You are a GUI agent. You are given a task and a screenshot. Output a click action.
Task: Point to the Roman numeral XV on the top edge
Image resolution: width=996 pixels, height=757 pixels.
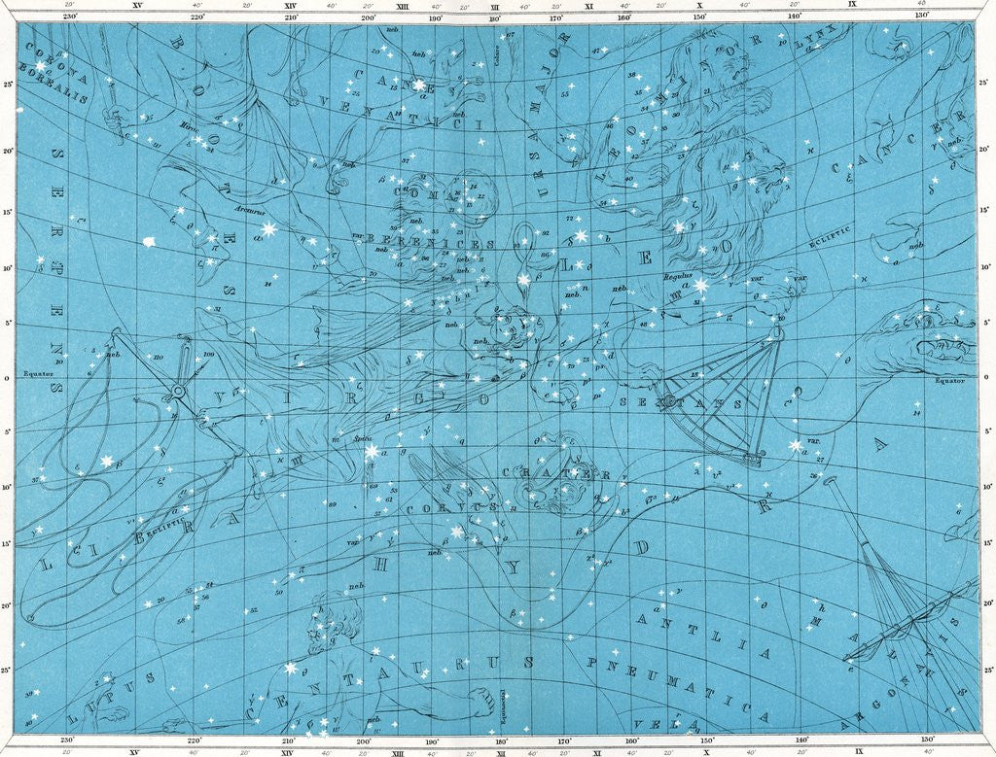click(x=136, y=6)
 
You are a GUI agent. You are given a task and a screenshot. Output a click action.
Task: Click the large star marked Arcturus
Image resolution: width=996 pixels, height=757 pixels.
click(x=267, y=229)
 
